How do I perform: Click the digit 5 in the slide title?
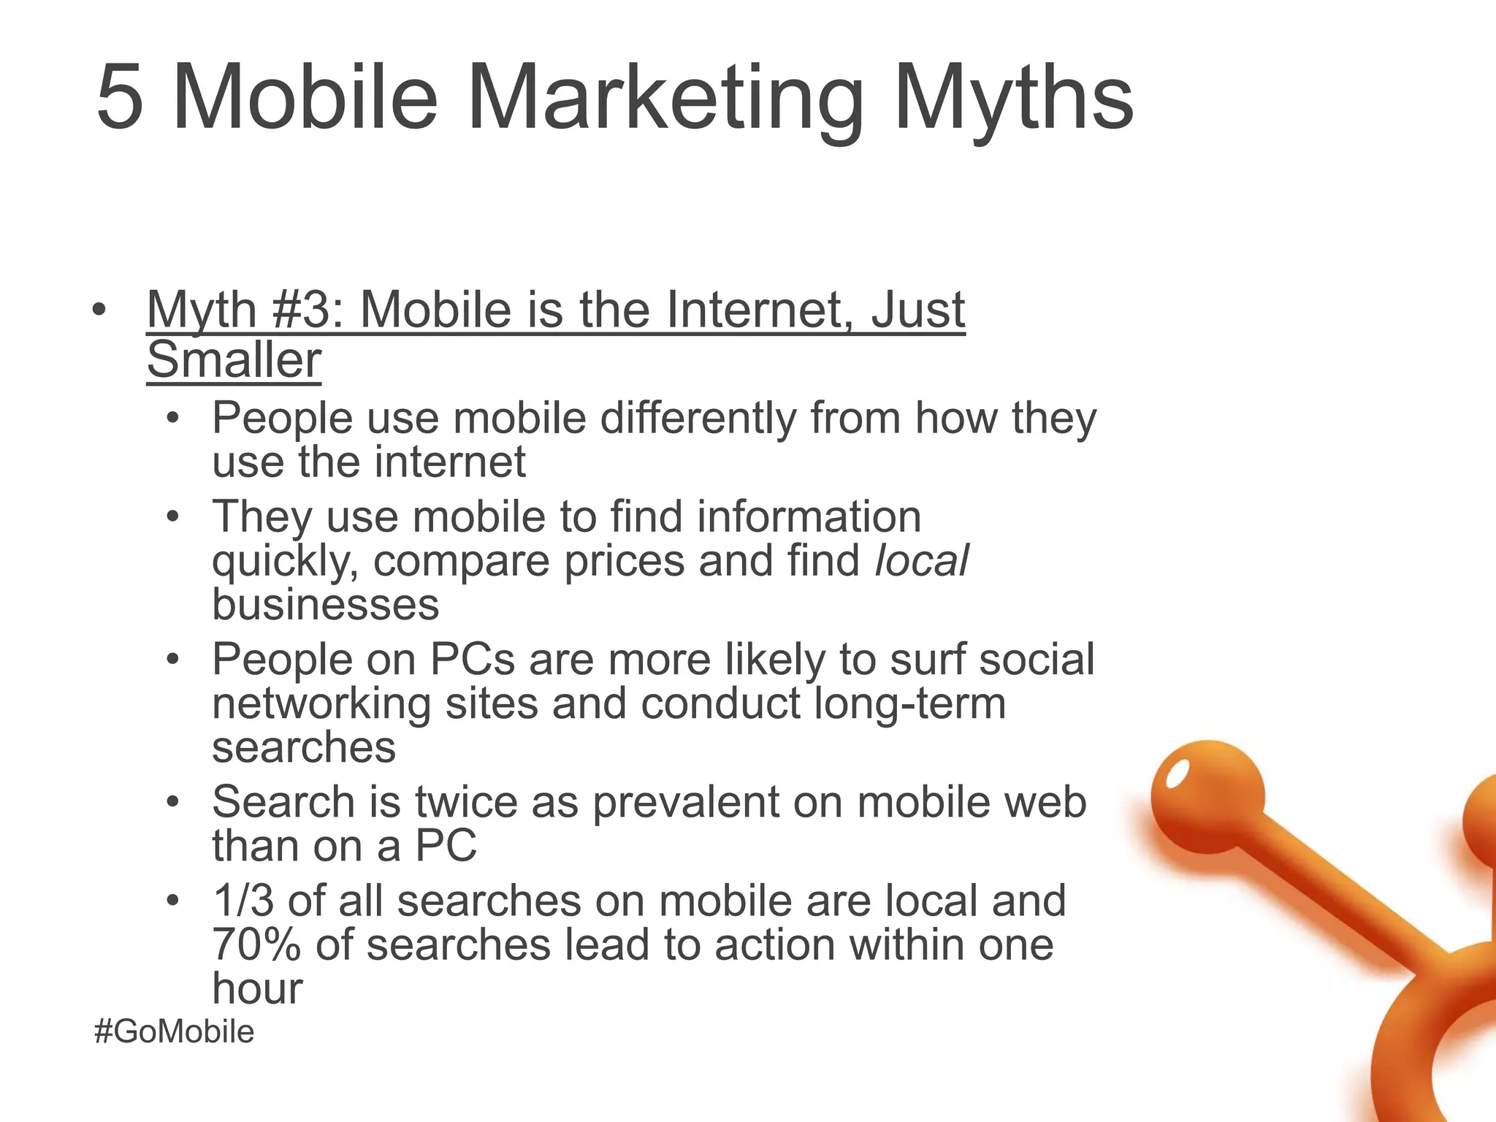(x=120, y=98)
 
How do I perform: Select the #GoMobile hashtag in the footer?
(x=175, y=1031)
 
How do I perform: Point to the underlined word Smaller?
(x=234, y=359)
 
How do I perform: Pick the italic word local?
(x=922, y=561)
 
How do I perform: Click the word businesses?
(x=326, y=605)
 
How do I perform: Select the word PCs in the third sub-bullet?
(x=473, y=659)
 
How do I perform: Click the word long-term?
(x=909, y=703)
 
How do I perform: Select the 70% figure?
(x=256, y=944)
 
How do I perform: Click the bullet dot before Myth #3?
(x=99, y=310)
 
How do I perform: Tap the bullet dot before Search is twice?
(x=172, y=802)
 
